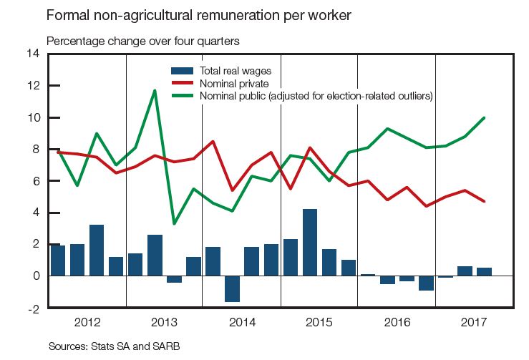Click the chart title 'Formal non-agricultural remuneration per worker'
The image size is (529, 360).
pyautogui.click(x=198, y=15)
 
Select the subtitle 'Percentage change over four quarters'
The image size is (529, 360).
pyautogui.click(x=142, y=41)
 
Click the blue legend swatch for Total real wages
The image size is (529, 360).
pyautogui.click(x=183, y=70)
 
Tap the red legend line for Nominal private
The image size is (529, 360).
pyautogui.click(x=183, y=83)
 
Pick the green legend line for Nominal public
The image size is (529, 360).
pyautogui.click(x=183, y=95)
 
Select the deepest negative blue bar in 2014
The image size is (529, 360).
pyautogui.click(x=232, y=288)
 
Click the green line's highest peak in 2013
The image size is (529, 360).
pyautogui.click(x=155, y=90)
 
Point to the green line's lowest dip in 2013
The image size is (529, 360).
pyautogui.click(x=174, y=223)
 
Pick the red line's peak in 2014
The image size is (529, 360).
pyautogui.click(x=213, y=141)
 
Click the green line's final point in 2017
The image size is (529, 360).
pyautogui.click(x=485, y=117)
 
